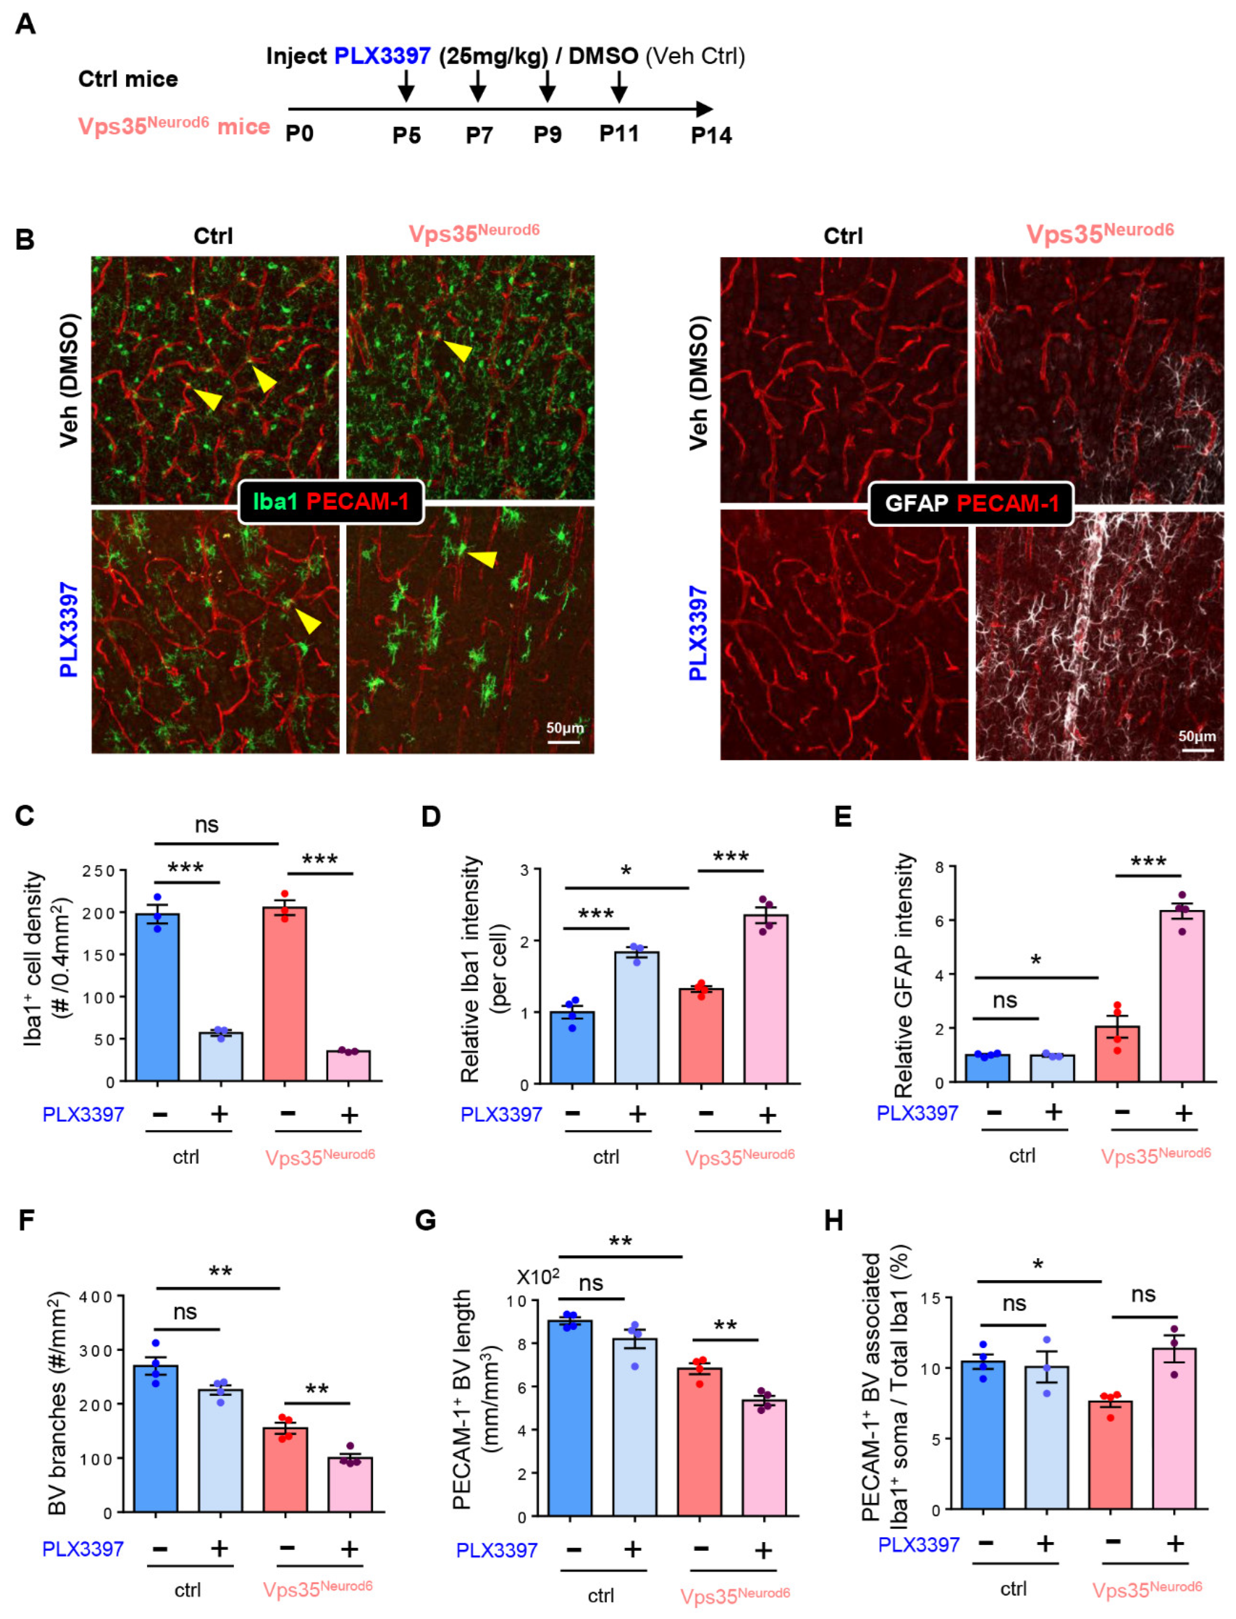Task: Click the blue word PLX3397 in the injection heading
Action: pyautogui.click(x=382, y=56)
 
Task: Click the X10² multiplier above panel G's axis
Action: pyautogui.click(x=538, y=1277)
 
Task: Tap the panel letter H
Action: pyautogui.click(x=833, y=1221)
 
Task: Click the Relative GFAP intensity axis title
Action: pyautogui.click(x=903, y=975)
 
